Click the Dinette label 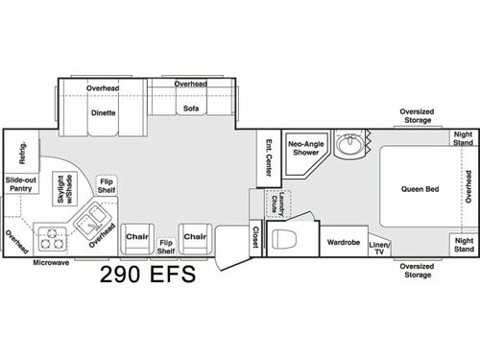103,112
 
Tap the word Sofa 191,109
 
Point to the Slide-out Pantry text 20,185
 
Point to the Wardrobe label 342,243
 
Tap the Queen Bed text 420,189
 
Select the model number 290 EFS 147,276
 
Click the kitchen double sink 94,224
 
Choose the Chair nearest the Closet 196,236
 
